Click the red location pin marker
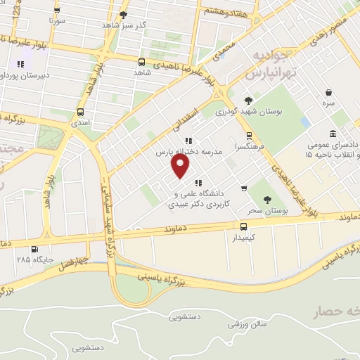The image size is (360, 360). point(181,165)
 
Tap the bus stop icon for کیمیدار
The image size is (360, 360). point(243,226)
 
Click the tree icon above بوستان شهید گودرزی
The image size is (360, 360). point(248,101)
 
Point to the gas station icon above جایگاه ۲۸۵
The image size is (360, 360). point(34,247)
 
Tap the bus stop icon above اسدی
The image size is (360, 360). point(80,111)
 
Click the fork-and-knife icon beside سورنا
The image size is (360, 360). point(57,11)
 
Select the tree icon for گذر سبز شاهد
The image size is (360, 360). point(124,14)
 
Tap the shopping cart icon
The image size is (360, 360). point(244,188)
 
